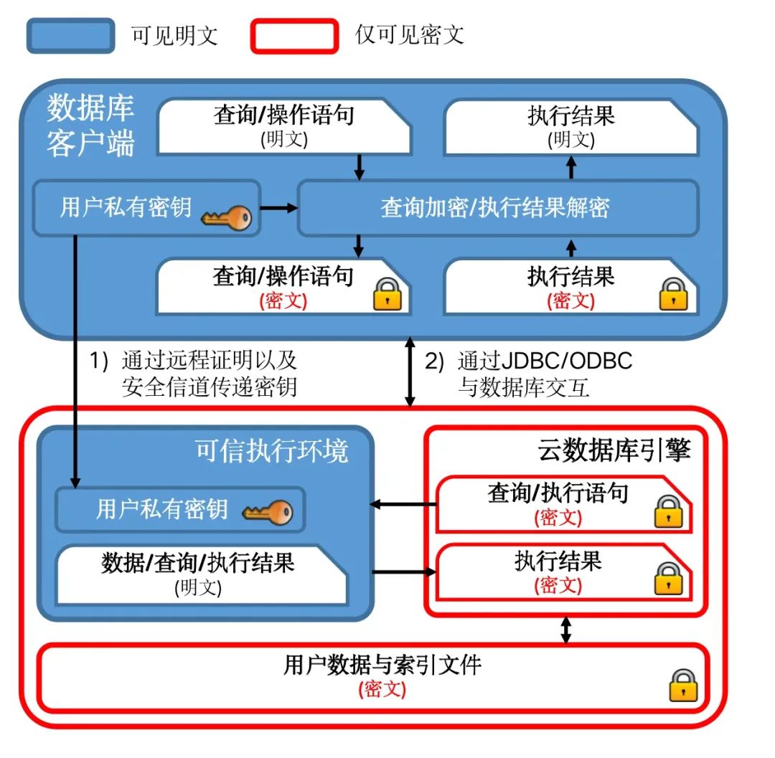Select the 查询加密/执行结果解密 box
click(497, 208)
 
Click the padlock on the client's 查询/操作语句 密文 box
click(387, 294)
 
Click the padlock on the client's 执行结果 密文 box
click(673, 294)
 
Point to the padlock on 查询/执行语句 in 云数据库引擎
click(668, 511)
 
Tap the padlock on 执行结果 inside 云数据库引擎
click(668, 578)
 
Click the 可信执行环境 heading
click(272, 451)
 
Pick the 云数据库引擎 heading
click(614, 450)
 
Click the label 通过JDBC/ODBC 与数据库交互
click(544, 374)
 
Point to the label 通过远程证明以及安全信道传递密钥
click(208, 374)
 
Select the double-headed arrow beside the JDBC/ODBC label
click(410, 374)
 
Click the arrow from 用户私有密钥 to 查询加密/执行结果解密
click(278, 208)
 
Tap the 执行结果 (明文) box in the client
click(570, 128)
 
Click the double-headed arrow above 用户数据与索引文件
click(566, 629)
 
